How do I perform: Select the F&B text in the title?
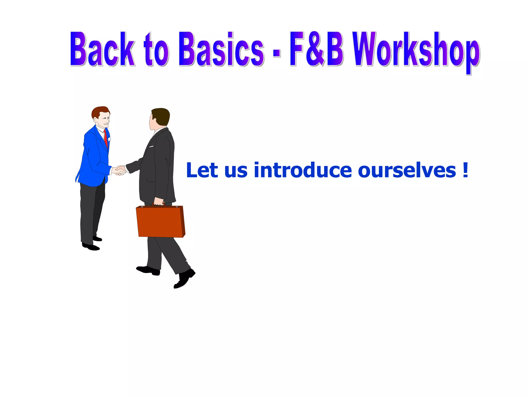point(317,49)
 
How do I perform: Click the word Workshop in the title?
point(416,50)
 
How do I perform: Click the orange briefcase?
point(160,222)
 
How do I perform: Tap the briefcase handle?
point(158,204)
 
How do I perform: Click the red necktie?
point(106,138)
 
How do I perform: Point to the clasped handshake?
point(120,170)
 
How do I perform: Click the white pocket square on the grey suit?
point(151,146)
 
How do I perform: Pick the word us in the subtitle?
point(236,171)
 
